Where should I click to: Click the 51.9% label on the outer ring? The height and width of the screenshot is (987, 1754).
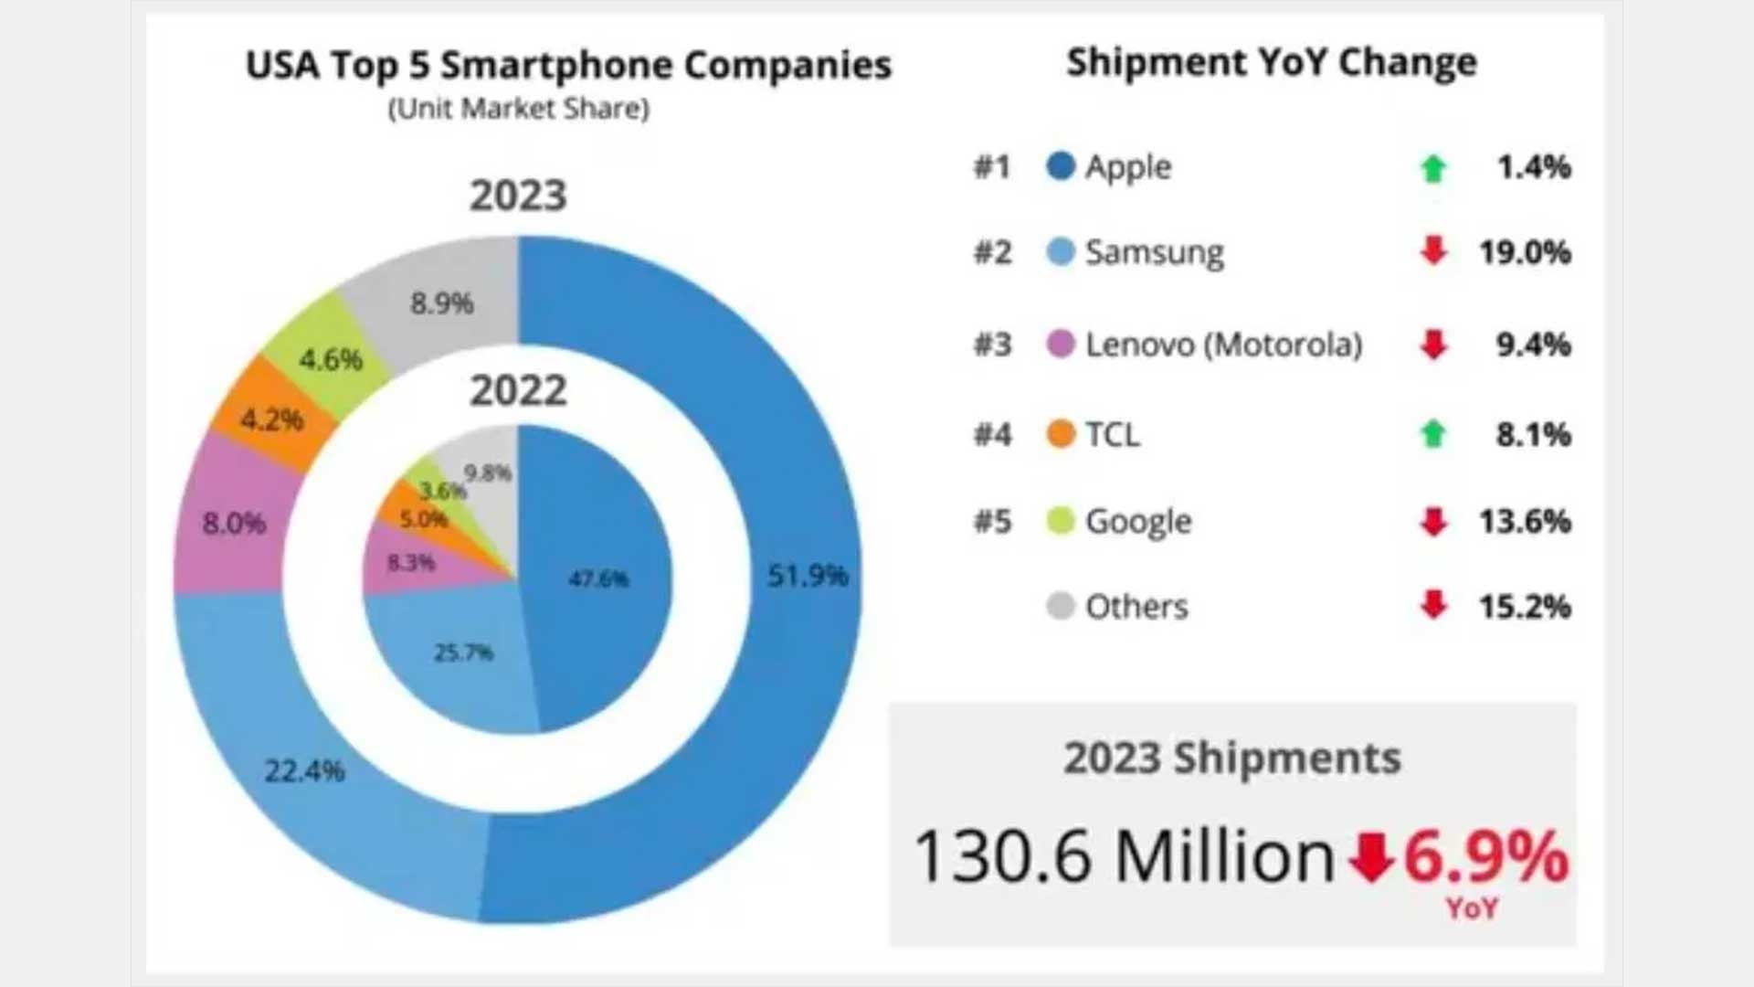[808, 576]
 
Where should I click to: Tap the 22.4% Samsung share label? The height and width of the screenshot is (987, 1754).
[304, 771]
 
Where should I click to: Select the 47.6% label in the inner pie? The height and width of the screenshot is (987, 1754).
[598, 578]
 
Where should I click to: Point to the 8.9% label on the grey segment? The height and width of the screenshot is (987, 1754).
[441, 303]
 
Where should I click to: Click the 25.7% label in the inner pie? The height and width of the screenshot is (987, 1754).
[463, 653]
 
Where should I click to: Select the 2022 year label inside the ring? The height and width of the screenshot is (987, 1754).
[518, 391]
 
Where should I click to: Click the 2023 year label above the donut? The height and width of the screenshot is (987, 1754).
[518, 196]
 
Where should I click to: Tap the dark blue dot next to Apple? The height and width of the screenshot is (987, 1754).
[1061, 166]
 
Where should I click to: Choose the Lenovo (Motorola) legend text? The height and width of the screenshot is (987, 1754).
[1223, 345]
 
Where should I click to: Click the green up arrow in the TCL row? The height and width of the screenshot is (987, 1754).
[1433, 434]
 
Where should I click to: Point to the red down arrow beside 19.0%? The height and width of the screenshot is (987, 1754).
[1433, 250]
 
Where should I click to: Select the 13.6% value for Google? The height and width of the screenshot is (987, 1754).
[1525, 522]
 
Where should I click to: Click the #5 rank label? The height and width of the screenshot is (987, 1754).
[993, 522]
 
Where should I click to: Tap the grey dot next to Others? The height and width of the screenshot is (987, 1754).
[1061, 606]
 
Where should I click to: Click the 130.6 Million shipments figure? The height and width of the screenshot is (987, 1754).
[1124, 857]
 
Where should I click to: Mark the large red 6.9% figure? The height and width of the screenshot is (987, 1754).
[1485, 857]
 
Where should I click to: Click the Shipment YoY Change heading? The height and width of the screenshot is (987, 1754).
[1272, 62]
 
